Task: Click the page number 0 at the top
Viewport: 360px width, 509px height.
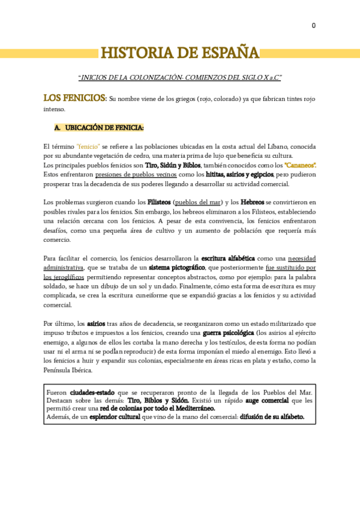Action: [x=313, y=26]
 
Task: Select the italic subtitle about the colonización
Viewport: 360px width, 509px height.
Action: [x=179, y=78]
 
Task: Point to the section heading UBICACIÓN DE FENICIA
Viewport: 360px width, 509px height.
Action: [x=104, y=128]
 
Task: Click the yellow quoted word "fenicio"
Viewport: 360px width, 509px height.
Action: [x=88, y=146]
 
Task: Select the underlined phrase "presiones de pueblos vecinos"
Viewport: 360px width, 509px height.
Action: [x=131, y=175]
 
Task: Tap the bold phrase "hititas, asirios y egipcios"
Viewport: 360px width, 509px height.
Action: [x=239, y=175]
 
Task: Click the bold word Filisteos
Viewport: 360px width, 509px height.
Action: [x=159, y=202]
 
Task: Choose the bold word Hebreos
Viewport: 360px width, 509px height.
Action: [x=252, y=202]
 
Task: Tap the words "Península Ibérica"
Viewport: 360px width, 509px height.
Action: [x=67, y=370]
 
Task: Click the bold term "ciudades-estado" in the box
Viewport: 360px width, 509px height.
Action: [x=94, y=392]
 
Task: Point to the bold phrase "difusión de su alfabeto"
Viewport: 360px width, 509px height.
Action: [x=272, y=417]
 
